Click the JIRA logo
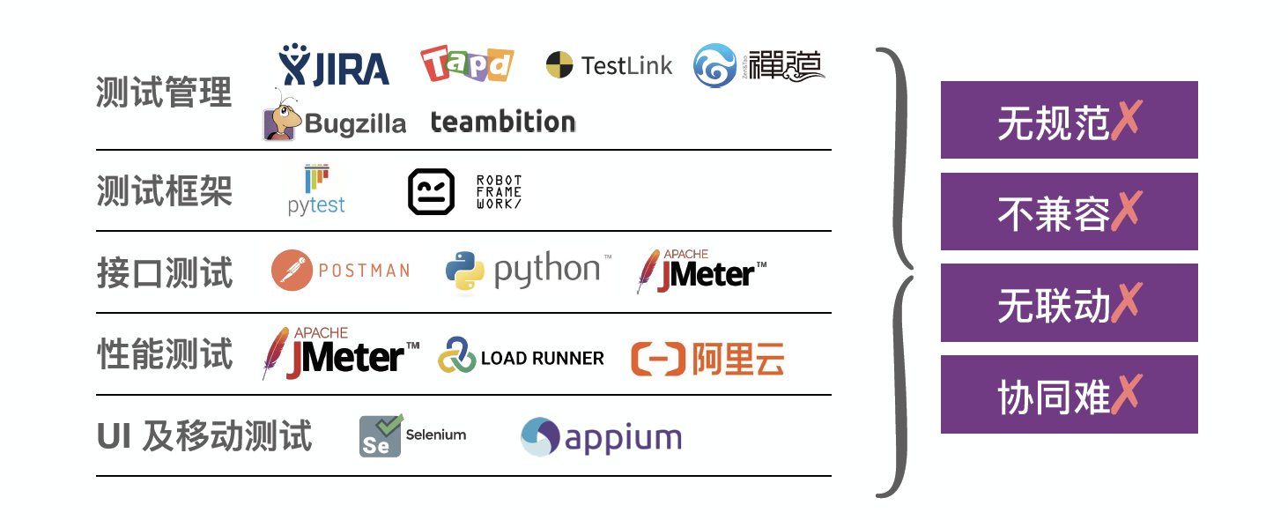[334, 66]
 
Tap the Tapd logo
[466, 64]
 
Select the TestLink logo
[609, 65]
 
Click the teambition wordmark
[502, 122]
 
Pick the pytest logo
[316, 190]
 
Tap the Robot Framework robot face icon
[431, 191]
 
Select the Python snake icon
[464, 271]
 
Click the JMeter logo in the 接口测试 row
[701, 271]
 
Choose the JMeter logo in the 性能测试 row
[341, 353]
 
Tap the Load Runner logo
[522, 357]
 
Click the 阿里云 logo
[707, 358]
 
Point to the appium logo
[601, 437]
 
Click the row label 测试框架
[164, 190]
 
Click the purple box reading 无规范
[1069, 120]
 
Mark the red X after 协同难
[1126, 394]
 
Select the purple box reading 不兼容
[1069, 212]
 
